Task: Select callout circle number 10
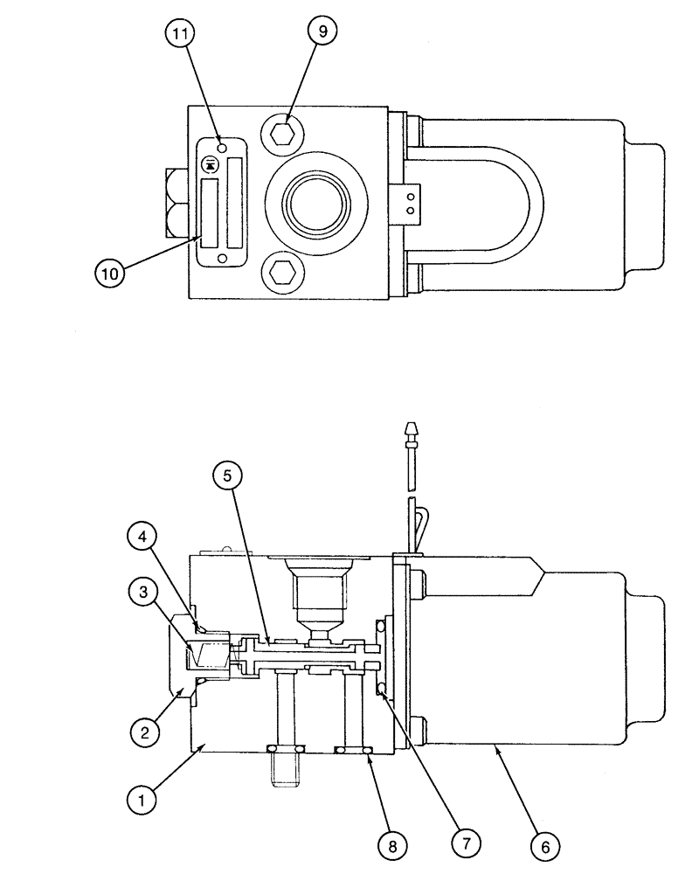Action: (x=112, y=274)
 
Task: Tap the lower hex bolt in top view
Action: (x=280, y=272)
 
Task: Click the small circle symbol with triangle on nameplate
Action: (x=210, y=163)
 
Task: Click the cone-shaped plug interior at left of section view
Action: (x=207, y=651)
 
